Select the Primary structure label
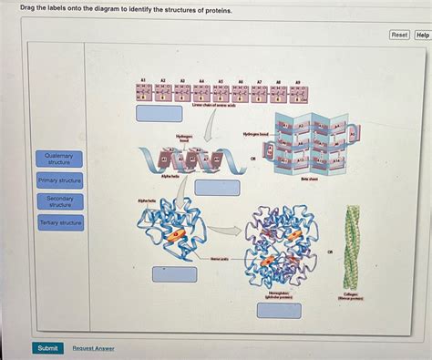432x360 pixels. click(x=60, y=180)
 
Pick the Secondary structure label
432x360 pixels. click(x=60, y=201)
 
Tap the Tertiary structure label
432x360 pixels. click(x=60, y=222)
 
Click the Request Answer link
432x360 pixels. click(x=93, y=347)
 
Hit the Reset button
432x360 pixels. click(x=399, y=35)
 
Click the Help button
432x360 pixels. click(x=423, y=35)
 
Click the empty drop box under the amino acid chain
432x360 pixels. click(x=159, y=114)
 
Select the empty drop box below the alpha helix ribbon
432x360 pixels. click(x=218, y=188)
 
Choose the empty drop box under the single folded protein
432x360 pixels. click(x=174, y=273)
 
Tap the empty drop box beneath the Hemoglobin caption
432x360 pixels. click(x=278, y=310)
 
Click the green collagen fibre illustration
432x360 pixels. click(x=351, y=247)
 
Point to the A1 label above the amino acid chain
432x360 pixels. click(x=143, y=81)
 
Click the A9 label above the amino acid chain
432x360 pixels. click(x=298, y=81)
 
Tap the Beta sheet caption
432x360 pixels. click(x=309, y=180)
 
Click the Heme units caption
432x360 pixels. click(x=219, y=259)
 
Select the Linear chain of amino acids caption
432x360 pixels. click(x=211, y=105)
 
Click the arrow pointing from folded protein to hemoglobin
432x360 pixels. click(x=228, y=231)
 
